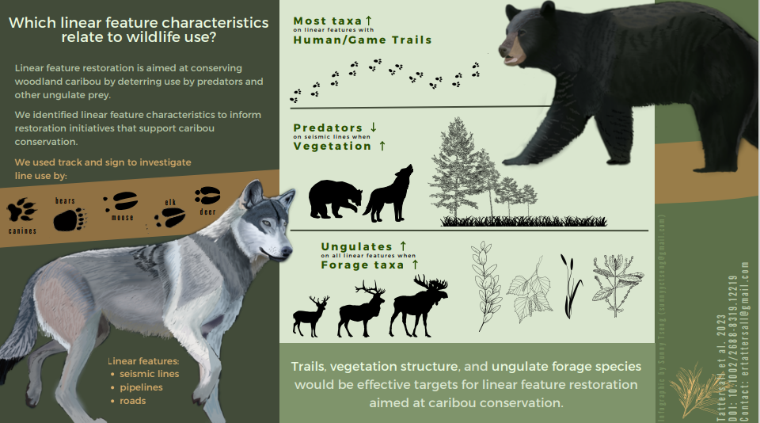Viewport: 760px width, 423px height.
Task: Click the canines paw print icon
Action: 21,211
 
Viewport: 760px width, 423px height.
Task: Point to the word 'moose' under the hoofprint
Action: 122,217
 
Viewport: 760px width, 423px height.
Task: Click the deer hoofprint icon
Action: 207,195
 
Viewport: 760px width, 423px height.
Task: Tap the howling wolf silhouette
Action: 389,196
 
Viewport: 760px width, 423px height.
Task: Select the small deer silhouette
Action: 310,318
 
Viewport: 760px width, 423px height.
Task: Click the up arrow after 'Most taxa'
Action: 370,21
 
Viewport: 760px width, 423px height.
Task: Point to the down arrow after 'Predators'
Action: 374,128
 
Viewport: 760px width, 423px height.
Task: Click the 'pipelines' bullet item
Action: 141,387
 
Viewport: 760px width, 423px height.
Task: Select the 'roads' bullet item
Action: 133,401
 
